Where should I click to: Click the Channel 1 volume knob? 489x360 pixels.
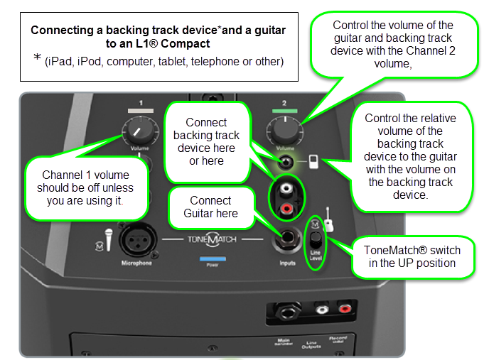pyautogui.click(x=140, y=129)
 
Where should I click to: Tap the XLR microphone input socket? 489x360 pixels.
pyautogui.click(x=136, y=239)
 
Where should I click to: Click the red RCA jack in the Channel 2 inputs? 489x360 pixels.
pyautogui.click(x=286, y=209)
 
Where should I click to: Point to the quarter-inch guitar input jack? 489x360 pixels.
pyautogui.click(x=288, y=240)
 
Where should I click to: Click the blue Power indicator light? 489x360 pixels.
pyautogui.click(x=213, y=259)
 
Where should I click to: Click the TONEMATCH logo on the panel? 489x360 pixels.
pyautogui.click(x=212, y=240)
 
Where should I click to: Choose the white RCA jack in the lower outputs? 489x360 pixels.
pyautogui.click(x=323, y=310)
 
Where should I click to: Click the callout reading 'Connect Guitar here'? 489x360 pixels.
pyautogui.click(x=210, y=207)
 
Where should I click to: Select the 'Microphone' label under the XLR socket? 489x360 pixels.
pyautogui.click(x=136, y=263)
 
